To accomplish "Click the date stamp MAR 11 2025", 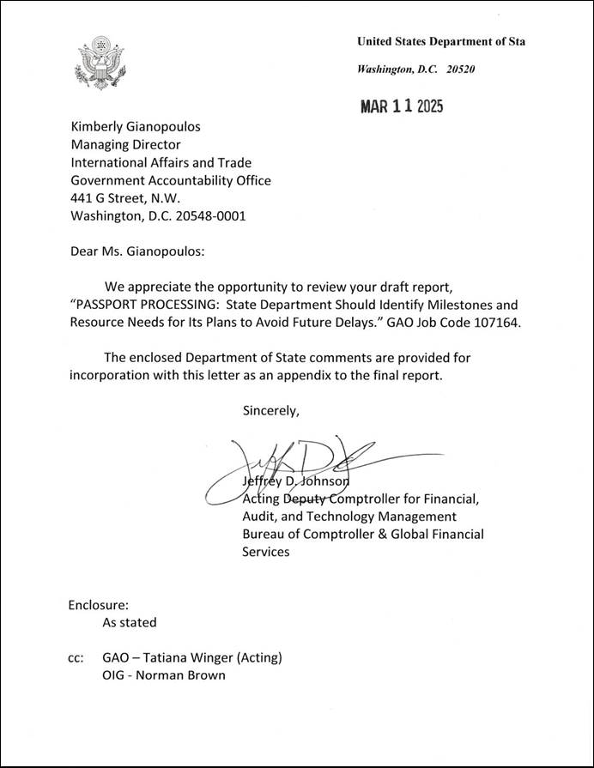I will pyautogui.click(x=401, y=106).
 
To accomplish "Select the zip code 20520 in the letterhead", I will pyautogui.click(x=462, y=69).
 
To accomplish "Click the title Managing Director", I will pyautogui.click(x=125, y=145).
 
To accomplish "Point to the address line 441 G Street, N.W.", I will pyautogui.click(x=125, y=198).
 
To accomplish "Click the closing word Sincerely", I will pyautogui.click(x=271, y=410).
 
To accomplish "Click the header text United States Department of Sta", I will pyautogui.click(x=441, y=41).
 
